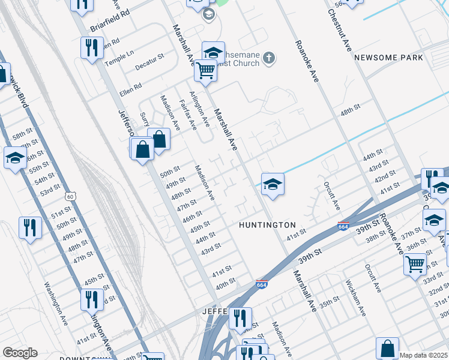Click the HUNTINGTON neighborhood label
coord(267,225)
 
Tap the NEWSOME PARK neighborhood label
coord(388,58)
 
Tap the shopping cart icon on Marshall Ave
coord(205,71)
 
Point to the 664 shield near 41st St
coord(343,226)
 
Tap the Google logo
coord(19,353)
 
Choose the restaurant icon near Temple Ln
coord(91,47)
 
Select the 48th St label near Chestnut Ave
coord(349,113)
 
